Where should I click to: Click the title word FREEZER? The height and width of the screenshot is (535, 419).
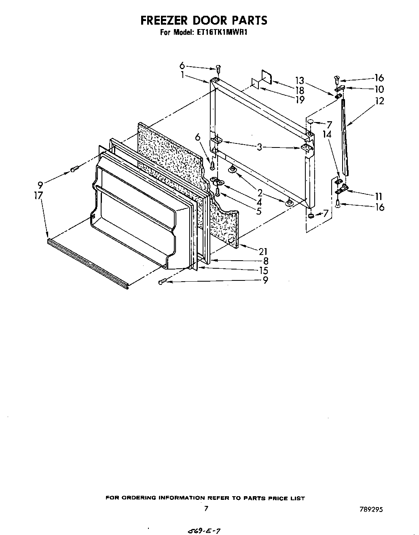[166, 20]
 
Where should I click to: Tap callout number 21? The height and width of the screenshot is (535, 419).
[263, 251]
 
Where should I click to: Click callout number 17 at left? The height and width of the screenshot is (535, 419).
[39, 195]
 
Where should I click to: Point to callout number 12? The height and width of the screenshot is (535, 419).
[379, 101]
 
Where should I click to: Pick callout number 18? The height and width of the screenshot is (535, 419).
[300, 91]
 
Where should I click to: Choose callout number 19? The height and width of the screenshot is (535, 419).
[300, 100]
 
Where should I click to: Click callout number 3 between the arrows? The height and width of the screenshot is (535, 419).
[259, 147]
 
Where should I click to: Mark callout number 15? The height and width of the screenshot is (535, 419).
[263, 270]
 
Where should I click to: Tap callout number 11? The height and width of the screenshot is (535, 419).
[379, 196]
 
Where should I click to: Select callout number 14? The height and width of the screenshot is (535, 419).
[327, 134]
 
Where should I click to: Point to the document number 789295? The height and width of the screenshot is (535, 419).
[370, 510]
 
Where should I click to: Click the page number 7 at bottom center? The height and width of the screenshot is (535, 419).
[206, 509]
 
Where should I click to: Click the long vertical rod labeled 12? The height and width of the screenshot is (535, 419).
[345, 133]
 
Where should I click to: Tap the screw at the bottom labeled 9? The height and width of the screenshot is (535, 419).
[162, 281]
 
